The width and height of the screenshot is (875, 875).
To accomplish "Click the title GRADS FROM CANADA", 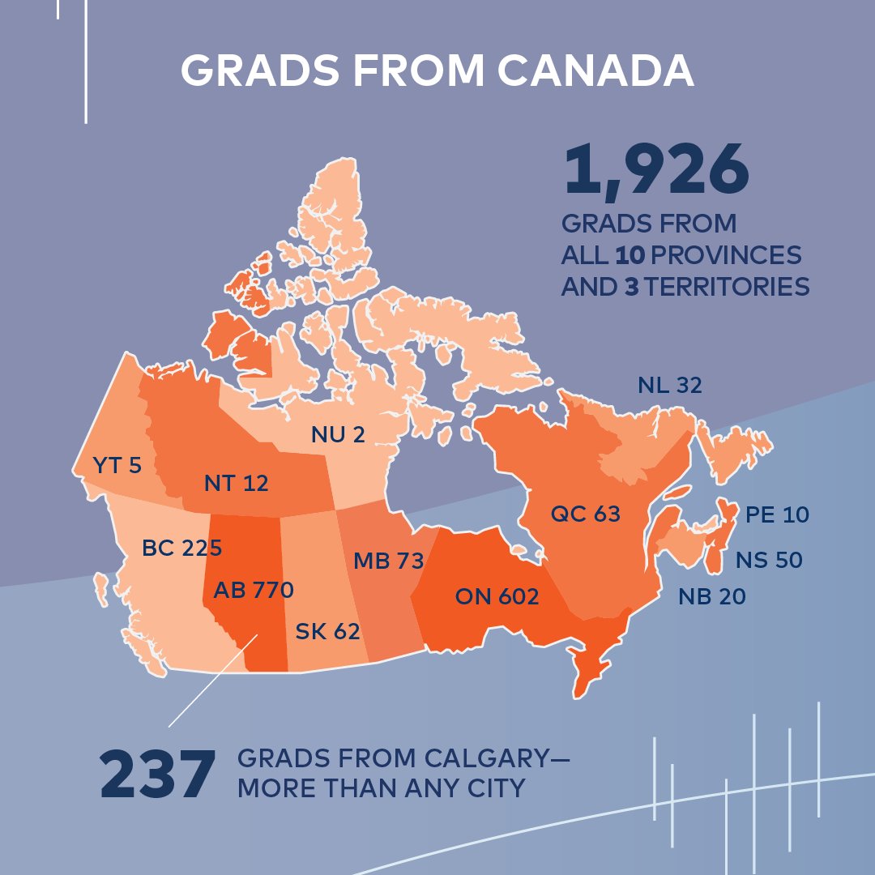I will tap(437, 72).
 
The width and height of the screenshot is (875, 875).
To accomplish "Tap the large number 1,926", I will tap(656, 171).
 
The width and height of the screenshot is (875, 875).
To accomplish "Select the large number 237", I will tap(158, 775).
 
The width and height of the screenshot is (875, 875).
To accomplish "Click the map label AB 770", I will tap(253, 590).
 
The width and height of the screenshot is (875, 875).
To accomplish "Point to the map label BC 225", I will tap(181, 548).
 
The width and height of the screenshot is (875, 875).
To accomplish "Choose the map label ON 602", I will tap(497, 597).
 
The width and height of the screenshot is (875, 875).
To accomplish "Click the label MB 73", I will tap(388, 560).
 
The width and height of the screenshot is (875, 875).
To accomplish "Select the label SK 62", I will tap(327, 630).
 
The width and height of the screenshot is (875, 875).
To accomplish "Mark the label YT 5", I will tap(117, 465).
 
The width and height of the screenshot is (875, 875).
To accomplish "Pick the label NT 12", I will tap(236, 484).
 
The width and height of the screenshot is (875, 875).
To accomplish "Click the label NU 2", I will tap(338, 435).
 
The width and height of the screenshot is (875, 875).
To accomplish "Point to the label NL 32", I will tap(668, 386).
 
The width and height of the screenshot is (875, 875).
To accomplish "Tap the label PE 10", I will tap(776, 514).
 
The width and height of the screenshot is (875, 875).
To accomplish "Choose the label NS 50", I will tap(768, 560).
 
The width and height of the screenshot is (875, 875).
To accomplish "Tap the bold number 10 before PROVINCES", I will tap(630, 255).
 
